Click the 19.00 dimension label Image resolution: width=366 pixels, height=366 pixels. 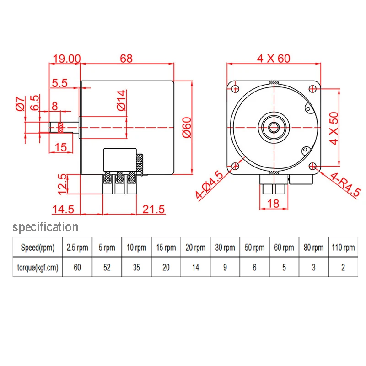(x=67, y=59)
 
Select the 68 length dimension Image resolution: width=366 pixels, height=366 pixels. (x=126, y=59)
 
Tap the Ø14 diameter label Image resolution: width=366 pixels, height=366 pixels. (x=122, y=100)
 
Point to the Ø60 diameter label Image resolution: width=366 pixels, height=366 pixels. (x=187, y=128)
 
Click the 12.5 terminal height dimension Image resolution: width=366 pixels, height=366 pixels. (x=63, y=184)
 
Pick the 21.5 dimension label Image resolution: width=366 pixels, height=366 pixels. (x=153, y=209)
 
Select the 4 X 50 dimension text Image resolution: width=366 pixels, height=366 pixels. (x=334, y=128)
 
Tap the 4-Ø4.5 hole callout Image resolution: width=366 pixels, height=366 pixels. (x=210, y=184)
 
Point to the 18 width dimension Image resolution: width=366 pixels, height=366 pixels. (x=273, y=203)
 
